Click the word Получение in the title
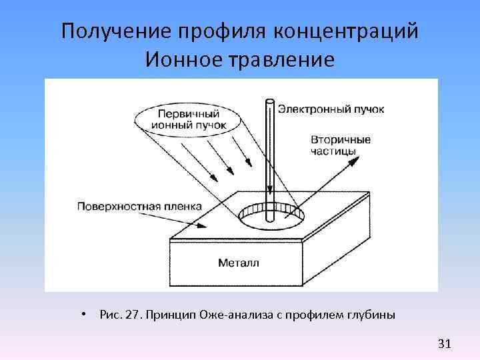pos(115,31)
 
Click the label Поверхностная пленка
pos(139,206)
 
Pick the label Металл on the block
pos(238,263)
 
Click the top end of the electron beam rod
pos(269,102)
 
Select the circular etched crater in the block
pos(271,214)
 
